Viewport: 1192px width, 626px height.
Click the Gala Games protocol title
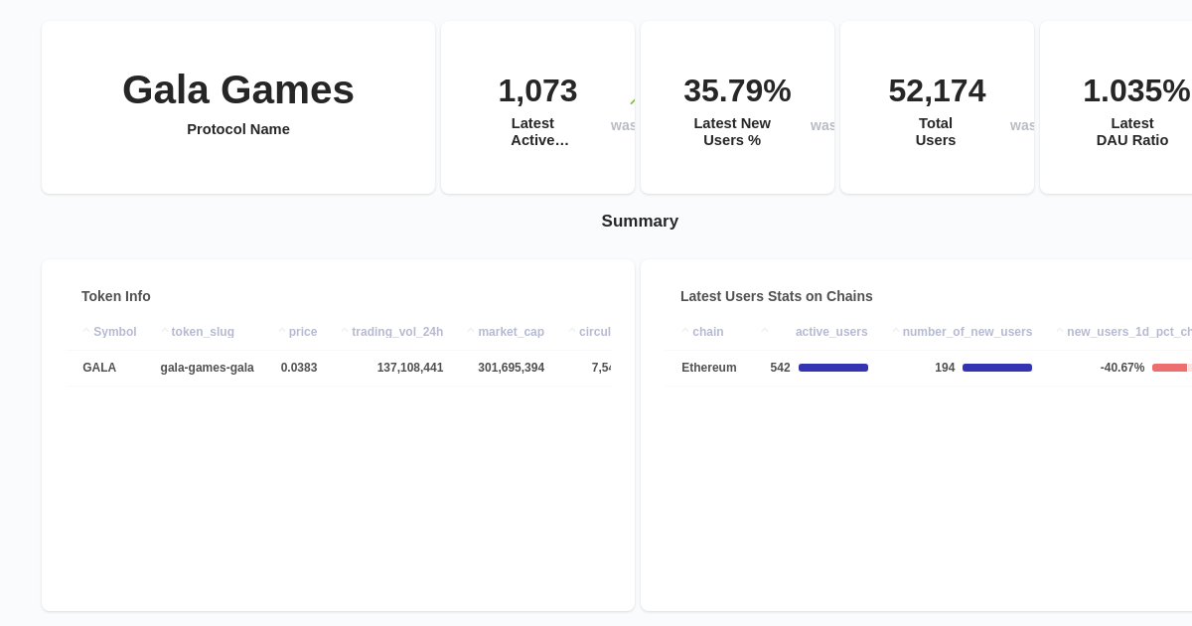[x=238, y=90]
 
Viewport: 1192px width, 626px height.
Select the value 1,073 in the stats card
[x=537, y=91]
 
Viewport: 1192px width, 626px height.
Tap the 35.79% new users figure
[x=737, y=91]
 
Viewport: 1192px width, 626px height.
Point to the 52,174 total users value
[x=937, y=91]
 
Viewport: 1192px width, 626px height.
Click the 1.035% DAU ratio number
[x=1135, y=91]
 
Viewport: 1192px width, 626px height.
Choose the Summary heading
[x=640, y=222]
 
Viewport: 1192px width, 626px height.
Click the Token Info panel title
[x=116, y=296]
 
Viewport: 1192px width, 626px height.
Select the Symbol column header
[x=115, y=332]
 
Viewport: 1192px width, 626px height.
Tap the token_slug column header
[x=203, y=332]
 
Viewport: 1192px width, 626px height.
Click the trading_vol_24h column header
[x=397, y=332]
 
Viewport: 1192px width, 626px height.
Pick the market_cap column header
[x=511, y=332]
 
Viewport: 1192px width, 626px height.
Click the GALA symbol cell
[x=99, y=368]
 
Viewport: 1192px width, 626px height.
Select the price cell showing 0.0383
[x=299, y=368]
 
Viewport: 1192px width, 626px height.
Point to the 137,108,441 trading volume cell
[x=410, y=368]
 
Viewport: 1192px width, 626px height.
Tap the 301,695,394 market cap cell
[x=511, y=368]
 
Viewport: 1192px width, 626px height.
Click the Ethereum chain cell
[x=709, y=368]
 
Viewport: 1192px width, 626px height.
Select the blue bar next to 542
[x=833, y=368]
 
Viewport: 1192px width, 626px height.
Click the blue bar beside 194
[x=997, y=368]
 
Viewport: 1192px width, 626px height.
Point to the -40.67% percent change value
[x=1122, y=368]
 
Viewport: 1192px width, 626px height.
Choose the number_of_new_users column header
[x=968, y=332]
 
